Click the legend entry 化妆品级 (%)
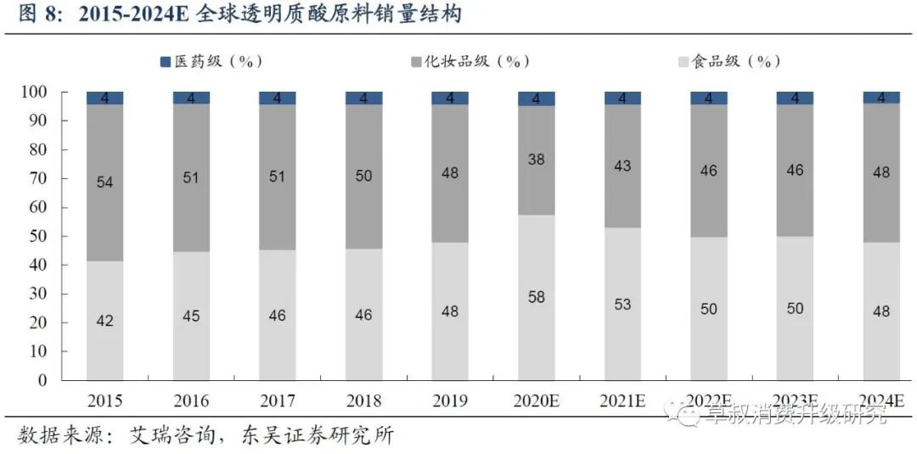pos(470,61)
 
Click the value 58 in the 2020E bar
pos(537,297)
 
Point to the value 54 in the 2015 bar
pos(104,183)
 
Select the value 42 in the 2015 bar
pos(104,321)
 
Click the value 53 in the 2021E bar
pos(622,304)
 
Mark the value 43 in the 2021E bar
pos(622,166)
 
